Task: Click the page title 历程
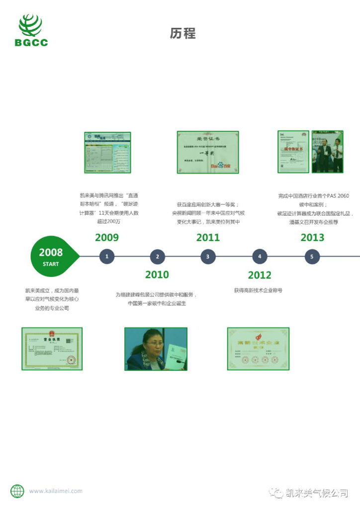tap(182, 33)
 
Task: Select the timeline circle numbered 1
tap(106, 256)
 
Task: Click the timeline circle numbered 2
tap(157, 256)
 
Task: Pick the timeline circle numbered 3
tap(208, 256)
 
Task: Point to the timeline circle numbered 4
tap(260, 256)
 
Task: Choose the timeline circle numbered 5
tap(312, 256)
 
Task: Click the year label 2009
tap(107, 238)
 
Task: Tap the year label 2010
tap(157, 274)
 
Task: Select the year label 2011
tap(208, 238)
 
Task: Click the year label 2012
tap(260, 275)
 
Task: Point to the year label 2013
tap(312, 238)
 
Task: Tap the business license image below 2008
tap(52, 348)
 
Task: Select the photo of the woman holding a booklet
tap(156, 348)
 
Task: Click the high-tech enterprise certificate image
tap(258, 348)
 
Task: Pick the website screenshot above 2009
tap(107, 152)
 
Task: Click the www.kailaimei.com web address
tap(56, 491)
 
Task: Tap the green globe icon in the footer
tap(17, 491)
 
